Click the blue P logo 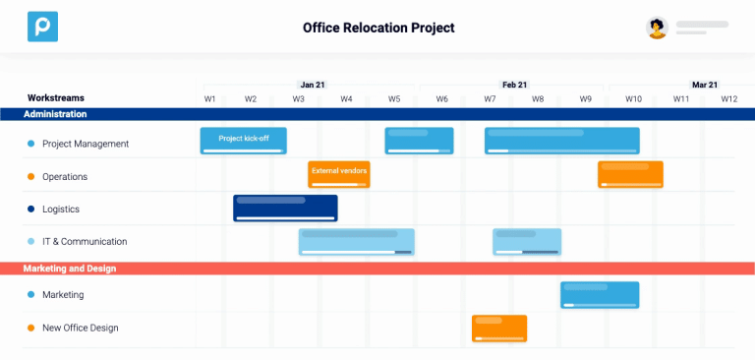(42, 27)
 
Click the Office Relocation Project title (378, 28)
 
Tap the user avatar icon (657, 28)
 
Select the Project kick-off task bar (243, 141)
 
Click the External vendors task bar (339, 173)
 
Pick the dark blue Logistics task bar (285, 208)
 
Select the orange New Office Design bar (499, 328)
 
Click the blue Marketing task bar (600, 294)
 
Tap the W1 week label (210, 99)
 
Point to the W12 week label (728, 99)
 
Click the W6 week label (441, 99)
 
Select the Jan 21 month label (313, 85)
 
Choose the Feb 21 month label (514, 85)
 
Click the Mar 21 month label (705, 85)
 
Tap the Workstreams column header (56, 98)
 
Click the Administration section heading (57, 114)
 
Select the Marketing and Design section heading (70, 268)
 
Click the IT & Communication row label (85, 241)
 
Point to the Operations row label (65, 176)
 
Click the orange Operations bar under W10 (630, 174)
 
